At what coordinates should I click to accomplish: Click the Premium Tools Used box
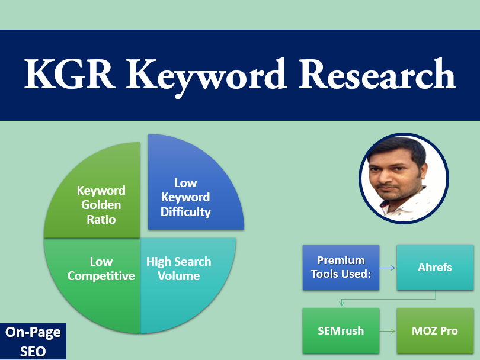[341, 268]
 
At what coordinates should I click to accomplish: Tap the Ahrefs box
[434, 268]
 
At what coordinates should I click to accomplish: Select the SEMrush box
[341, 330]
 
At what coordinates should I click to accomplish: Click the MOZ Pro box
[434, 330]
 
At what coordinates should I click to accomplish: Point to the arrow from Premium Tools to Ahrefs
[388, 268]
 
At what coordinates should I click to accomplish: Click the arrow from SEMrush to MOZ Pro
[388, 330]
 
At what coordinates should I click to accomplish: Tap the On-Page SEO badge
[33, 342]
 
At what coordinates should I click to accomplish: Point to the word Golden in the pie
[101, 205]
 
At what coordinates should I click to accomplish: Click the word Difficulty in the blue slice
[185, 211]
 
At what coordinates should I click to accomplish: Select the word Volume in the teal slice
[178, 276]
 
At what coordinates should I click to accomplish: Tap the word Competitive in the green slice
[101, 277]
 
